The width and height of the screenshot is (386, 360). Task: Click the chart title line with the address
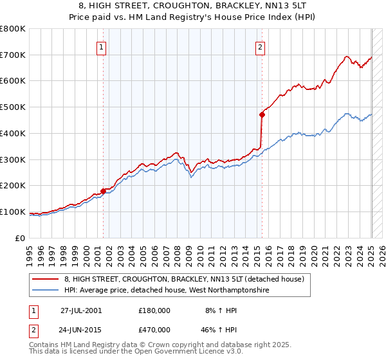click(192, 7)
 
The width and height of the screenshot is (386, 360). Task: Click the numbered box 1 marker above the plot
click(102, 46)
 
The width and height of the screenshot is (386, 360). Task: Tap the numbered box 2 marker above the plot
click(260, 46)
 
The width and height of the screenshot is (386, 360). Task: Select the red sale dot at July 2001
click(103, 191)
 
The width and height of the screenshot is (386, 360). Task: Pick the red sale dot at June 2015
click(262, 115)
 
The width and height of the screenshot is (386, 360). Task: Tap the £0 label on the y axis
click(20, 238)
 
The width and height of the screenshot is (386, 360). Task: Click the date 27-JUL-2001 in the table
click(81, 310)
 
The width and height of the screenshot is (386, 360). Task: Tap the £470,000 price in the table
click(154, 330)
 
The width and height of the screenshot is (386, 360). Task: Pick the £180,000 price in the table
click(154, 310)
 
